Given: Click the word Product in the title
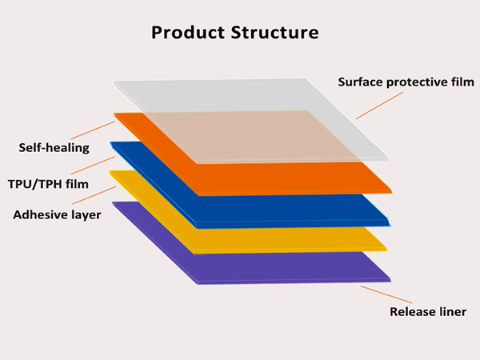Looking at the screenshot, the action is (x=188, y=33).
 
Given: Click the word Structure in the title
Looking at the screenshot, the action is (x=275, y=32).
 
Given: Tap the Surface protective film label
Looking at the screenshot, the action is (x=406, y=82).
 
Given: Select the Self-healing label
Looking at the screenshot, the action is (x=54, y=148).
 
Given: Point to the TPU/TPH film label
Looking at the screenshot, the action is (x=48, y=184).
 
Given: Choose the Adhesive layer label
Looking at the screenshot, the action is (x=57, y=215).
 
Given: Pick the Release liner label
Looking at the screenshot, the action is (x=428, y=312).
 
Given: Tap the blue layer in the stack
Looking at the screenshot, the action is (x=275, y=211).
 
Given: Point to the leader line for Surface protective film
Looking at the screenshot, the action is (x=379, y=106).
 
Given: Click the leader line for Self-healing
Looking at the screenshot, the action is (x=93, y=130).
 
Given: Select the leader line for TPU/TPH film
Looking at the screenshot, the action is (x=93, y=166).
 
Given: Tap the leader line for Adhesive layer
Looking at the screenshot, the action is (x=94, y=195).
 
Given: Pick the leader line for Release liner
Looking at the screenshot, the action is (x=386, y=294).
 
